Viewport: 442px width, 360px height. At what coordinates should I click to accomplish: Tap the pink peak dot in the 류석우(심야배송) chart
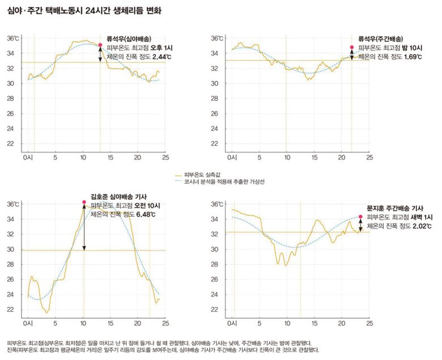pyautogui.click(x=100, y=44)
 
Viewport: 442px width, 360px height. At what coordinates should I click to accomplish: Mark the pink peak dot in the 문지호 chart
pyautogui.click(x=360, y=217)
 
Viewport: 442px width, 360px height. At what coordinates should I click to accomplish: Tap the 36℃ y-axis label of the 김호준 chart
pyautogui.click(x=13, y=204)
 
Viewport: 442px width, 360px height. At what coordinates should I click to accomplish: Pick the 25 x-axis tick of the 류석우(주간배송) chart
pyautogui.click(x=369, y=157)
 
